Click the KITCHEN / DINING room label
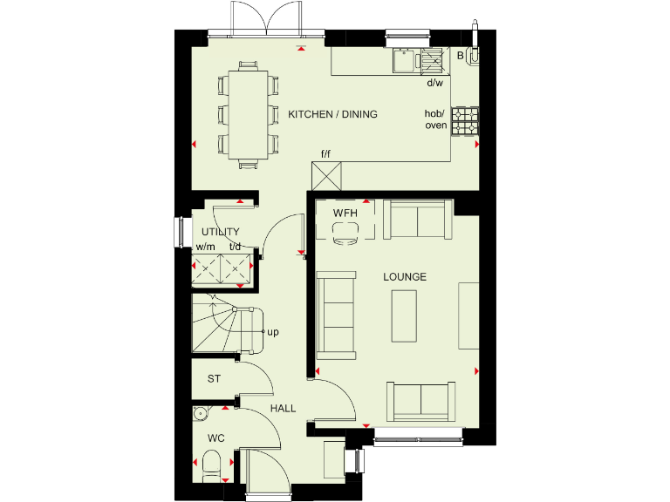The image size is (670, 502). [x=332, y=114]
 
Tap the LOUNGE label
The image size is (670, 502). [x=405, y=277]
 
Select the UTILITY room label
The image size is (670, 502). [x=220, y=233]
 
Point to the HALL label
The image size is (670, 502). [x=282, y=408]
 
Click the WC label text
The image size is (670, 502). [x=215, y=438]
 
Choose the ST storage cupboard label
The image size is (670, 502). [x=213, y=379]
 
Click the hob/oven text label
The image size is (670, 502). [x=435, y=119]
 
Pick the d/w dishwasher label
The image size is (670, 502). [x=434, y=84]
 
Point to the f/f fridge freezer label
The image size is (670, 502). [x=326, y=154]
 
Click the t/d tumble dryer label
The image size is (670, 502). [x=235, y=247]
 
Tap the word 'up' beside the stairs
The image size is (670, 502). [x=273, y=331]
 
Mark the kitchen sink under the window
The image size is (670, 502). [x=405, y=60]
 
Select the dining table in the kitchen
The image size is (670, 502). [x=248, y=114]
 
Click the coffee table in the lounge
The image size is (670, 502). [x=405, y=315]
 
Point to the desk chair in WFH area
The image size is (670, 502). [x=346, y=231]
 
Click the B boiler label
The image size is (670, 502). [x=461, y=56]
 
